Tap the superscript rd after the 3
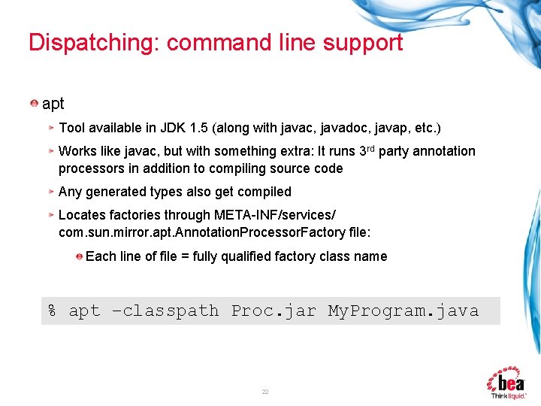click(x=370, y=147)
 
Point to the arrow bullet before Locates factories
click(x=51, y=215)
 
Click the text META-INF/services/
click(x=281, y=215)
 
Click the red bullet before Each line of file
click(x=79, y=256)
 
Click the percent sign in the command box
click(x=53, y=311)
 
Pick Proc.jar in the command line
click(x=274, y=311)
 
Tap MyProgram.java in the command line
click(x=403, y=311)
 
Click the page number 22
click(x=265, y=392)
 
